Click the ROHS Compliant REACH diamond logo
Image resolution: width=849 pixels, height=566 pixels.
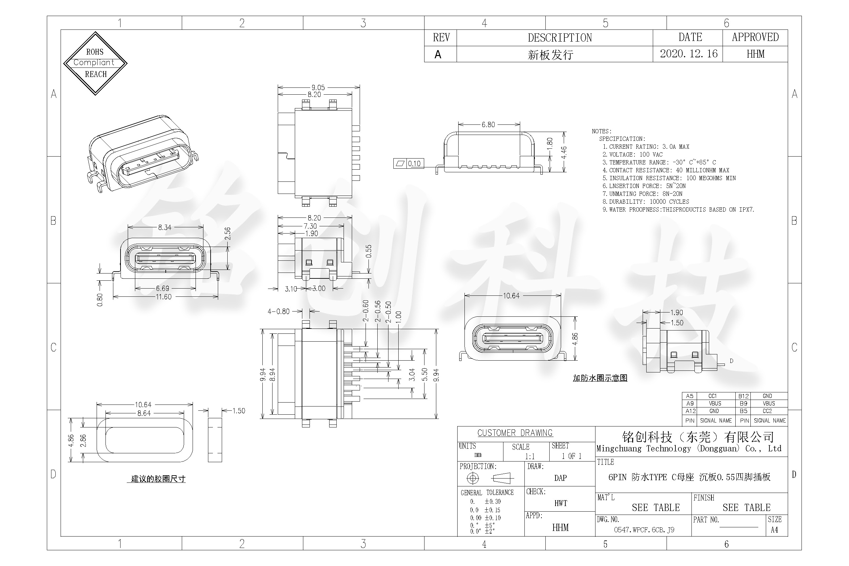pos(95,63)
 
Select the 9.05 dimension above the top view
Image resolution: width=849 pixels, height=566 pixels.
pos(318,87)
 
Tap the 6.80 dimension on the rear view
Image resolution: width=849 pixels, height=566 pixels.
pos(488,124)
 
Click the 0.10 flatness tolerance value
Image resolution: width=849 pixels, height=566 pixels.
pos(414,163)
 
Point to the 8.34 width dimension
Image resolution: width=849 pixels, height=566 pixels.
pos(165,227)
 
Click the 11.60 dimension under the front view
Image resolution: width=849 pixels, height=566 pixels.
pos(163,297)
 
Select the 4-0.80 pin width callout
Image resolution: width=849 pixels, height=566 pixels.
pos(278,311)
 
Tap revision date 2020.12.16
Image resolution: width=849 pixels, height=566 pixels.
pos(689,54)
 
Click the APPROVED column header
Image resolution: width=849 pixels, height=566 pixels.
pos(755,37)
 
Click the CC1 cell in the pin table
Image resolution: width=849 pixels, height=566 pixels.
pos(712,396)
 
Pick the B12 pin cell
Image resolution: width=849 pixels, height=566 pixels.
pos(743,396)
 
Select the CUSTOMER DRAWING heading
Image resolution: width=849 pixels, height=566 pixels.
pos(515,433)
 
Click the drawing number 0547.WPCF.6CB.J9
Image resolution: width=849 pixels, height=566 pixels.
pos(644,530)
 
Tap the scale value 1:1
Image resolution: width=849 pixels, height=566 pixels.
pos(530,456)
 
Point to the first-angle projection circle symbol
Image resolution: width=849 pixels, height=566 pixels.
pos(473,478)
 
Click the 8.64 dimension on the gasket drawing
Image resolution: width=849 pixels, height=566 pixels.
pos(144,413)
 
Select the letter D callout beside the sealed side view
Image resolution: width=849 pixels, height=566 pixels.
pos(731,361)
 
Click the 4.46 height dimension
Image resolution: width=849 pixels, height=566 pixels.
pos(564,152)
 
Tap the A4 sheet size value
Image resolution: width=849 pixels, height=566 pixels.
pos(774,530)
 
